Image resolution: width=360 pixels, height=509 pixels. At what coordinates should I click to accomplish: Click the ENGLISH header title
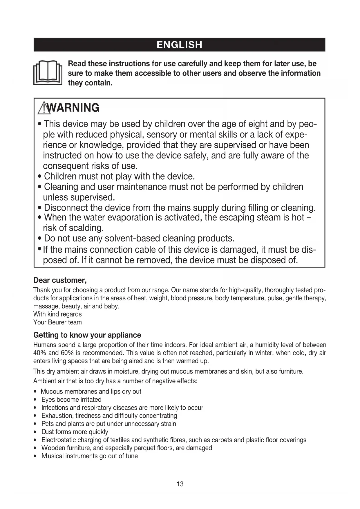[179, 45]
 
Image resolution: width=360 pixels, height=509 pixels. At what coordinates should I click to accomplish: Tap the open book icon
[48, 73]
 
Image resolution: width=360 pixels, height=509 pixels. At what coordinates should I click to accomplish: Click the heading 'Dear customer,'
[60, 280]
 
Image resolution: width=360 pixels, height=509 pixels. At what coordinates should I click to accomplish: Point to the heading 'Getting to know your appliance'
[87, 335]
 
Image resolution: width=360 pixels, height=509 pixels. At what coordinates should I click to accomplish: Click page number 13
[180, 484]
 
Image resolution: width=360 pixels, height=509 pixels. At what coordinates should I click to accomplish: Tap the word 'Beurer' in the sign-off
[57, 322]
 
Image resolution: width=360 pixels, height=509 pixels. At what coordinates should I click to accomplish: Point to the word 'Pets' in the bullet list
[48, 424]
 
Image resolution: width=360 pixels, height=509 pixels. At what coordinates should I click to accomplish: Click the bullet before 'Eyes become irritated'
[35, 400]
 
